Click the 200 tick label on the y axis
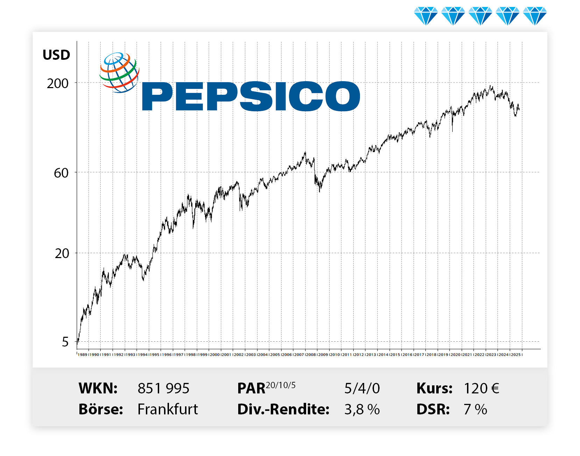[58, 84]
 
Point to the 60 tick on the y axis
[61, 173]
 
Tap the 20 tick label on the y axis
[62, 254]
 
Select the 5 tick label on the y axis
[65, 342]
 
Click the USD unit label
[56, 55]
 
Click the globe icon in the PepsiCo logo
[119, 72]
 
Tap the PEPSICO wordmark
[251, 96]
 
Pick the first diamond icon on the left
[425, 16]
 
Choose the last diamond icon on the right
[535, 16]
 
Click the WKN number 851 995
[163, 389]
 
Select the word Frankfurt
[168, 409]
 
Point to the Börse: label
[101, 409]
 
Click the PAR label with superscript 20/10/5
[266, 388]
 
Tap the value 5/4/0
[362, 389]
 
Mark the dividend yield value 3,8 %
[362, 409]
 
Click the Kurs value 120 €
[481, 389]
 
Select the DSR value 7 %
[475, 409]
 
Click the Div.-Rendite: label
[283, 409]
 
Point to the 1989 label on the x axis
[83, 355]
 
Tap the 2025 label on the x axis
[516, 355]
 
